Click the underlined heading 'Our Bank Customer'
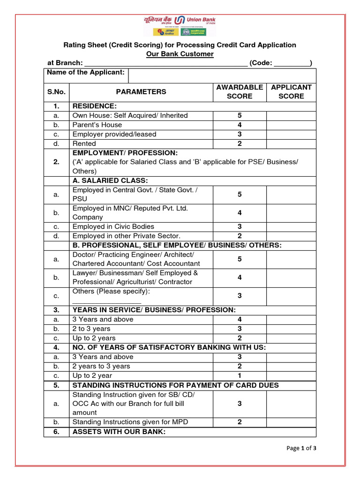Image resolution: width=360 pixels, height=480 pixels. (x=180, y=54)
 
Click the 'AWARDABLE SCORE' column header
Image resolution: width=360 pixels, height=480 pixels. (x=240, y=92)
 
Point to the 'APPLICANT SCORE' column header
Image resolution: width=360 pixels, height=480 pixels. (x=291, y=92)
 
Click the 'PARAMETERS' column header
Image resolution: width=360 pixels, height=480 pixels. (x=141, y=92)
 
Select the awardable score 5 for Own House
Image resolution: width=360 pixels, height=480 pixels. (x=240, y=116)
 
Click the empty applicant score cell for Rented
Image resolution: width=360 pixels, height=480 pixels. (x=291, y=144)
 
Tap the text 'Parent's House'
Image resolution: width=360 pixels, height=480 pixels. (x=97, y=125)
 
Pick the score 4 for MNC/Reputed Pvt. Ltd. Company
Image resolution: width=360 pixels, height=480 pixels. (x=240, y=213)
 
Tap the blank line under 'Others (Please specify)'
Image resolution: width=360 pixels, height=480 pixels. (x=107, y=301)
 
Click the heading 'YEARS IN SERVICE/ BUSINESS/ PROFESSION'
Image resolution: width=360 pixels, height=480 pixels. (x=154, y=310)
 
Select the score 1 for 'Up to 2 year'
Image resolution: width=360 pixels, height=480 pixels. (x=240, y=376)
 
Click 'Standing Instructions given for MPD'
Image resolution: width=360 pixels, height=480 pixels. (x=130, y=422)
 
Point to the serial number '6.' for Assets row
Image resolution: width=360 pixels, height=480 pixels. (x=56, y=432)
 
